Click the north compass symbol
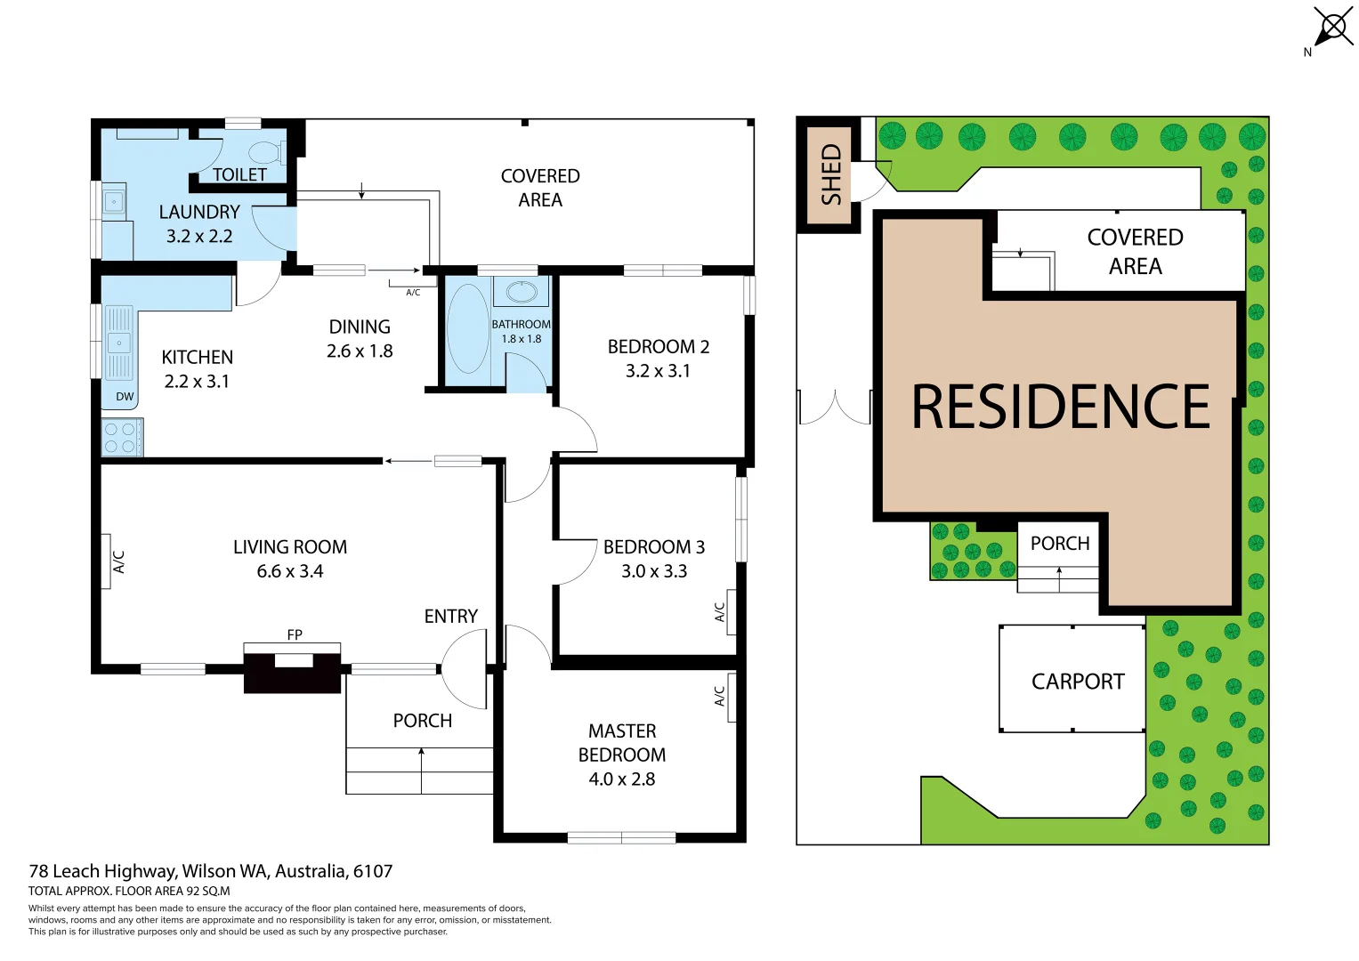point(1332,27)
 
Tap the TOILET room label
point(239,174)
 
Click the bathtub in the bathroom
point(467,328)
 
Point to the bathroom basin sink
point(521,292)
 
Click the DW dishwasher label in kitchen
point(125,397)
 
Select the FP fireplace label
point(295,634)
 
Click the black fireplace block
point(293,673)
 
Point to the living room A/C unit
point(106,561)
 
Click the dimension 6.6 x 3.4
point(290,571)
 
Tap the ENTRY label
point(450,616)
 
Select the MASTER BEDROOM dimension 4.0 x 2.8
point(621,779)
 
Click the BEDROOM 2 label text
point(658,346)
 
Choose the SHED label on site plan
point(830,174)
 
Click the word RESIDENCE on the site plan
point(1060,407)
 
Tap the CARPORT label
point(1078,682)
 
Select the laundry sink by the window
point(114,202)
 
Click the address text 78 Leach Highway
point(210,871)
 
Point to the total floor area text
point(129,891)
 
